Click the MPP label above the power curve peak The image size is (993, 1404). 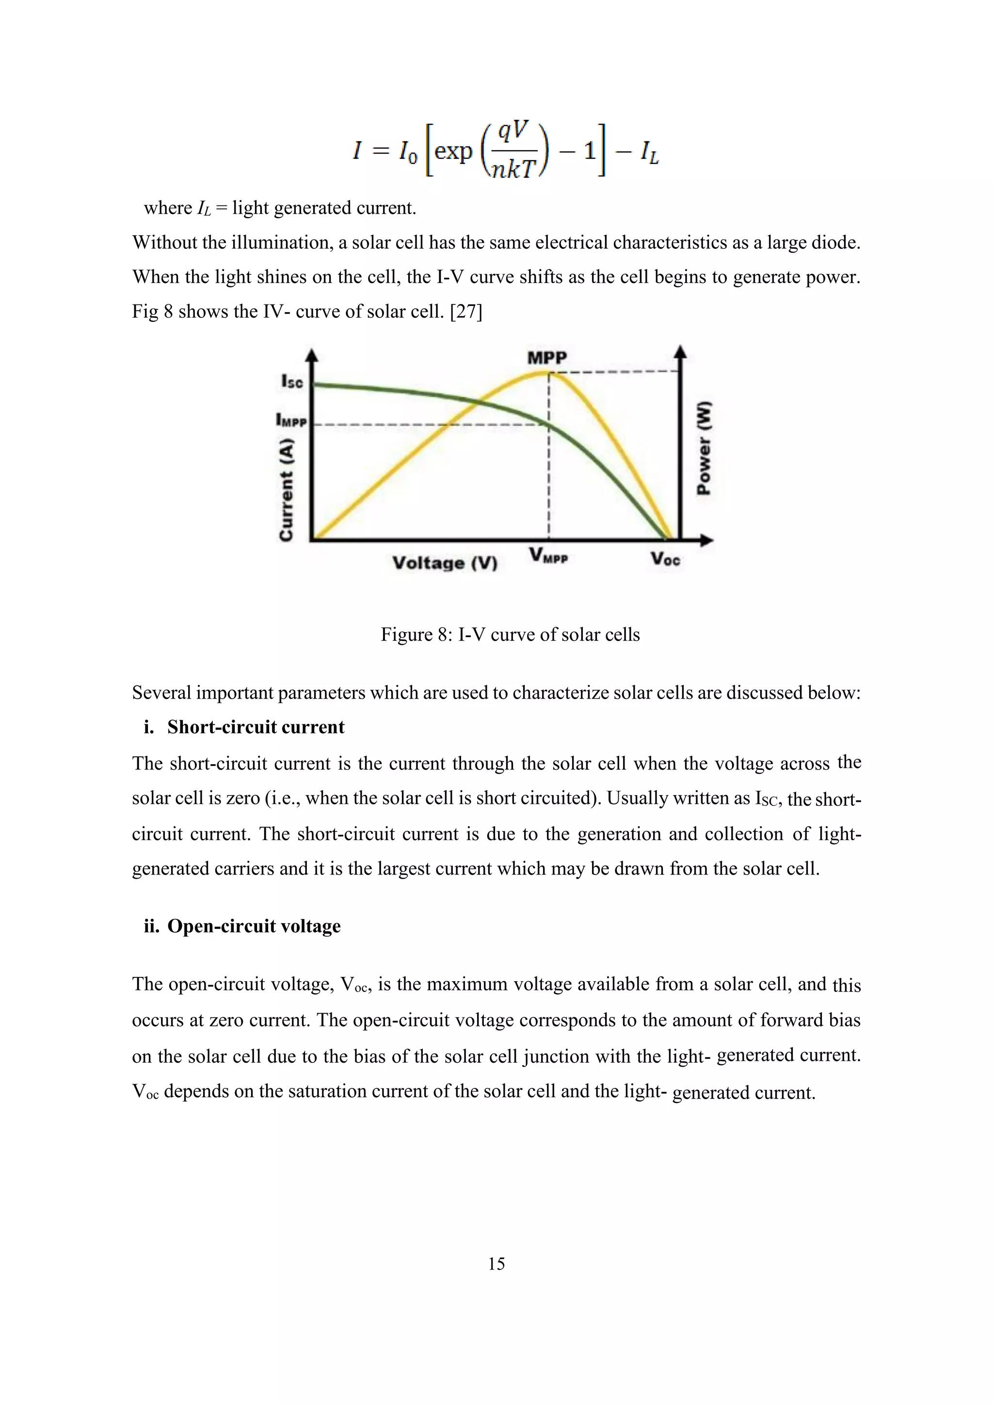(x=547, y=358)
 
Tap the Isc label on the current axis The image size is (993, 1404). (x=292, y=382)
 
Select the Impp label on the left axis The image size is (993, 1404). (x=291, y=421)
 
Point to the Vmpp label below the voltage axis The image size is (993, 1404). (x=548, y=556)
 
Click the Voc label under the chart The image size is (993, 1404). (x=665, y=559)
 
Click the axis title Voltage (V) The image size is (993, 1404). (x=445, y=562)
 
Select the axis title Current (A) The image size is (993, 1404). (x=286, y=490)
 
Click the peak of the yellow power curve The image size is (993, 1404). (x=548, y=372)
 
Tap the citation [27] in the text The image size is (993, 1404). (x=466, y=312)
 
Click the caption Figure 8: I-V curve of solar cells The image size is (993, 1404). (x=510, y=634)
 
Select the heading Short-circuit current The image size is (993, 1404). (x=256, y=727)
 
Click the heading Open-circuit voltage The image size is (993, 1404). (x=254, y=926)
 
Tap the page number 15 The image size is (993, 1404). (x=496, y=1263)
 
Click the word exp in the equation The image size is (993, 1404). (x=453, y=150)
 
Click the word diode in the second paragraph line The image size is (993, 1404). (x=834, y=243)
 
